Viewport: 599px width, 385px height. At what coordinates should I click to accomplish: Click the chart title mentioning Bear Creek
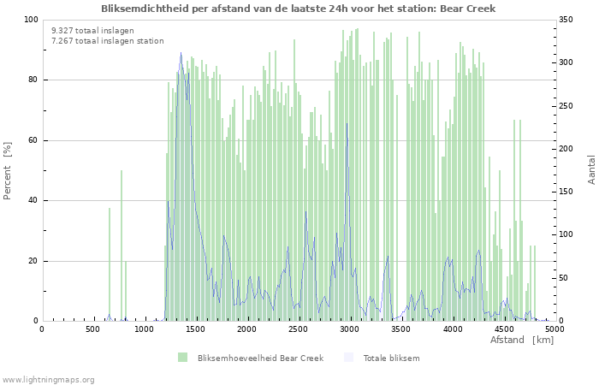pyautogui.click(x=298, y=9)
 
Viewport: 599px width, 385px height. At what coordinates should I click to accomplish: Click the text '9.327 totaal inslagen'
pyautogui.click(x=92, y=30)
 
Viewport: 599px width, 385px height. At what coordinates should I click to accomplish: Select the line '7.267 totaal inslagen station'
pyautogui.click(x=107, y=40)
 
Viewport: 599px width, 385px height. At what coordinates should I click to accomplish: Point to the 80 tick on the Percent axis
pyautogui.click(x=33, y=80)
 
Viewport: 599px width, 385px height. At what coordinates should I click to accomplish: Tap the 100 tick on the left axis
pyautogui.click(x=30, y=20)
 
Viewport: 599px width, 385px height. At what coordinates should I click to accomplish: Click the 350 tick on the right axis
pyautogui.click(x=567, y=20)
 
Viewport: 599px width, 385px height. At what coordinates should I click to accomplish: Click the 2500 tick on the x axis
pyautogui.click(x=298, y=329)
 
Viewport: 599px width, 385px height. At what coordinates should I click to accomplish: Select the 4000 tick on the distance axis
pyautogui.click(x=452, y=329)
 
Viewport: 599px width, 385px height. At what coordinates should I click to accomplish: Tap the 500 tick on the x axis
pyautogui.click(x=92, y=329)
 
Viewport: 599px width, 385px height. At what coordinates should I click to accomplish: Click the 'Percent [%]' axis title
pyautogui.click(x=9, y=171)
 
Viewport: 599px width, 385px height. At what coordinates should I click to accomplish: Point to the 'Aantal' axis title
pyautogui.click(x=592, y=170)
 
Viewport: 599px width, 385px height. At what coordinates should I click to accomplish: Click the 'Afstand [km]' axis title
pyautogui.click(x=522, y=340)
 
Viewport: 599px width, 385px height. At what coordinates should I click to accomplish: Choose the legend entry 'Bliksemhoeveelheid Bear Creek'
pyautogui.click(x=260, y=358)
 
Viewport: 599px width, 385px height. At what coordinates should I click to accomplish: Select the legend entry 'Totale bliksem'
pyautogui.click(x=391, y=358)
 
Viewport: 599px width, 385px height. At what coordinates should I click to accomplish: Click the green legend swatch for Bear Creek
pyautogui.click(x=182, y=358)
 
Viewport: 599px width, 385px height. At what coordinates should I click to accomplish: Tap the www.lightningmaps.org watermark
pyautogui.click(x=48, y=379)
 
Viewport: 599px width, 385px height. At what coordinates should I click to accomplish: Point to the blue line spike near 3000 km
pyautogui.click(x=347, y=124)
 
